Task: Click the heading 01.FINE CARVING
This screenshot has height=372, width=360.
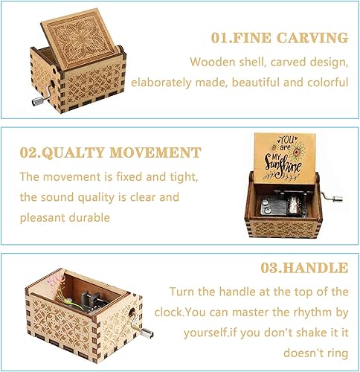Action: point(280,38)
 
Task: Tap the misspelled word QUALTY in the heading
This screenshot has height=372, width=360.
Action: point(72,153)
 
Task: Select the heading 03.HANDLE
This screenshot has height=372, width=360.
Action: point(304,268)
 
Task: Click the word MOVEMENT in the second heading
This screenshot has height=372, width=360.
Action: point(155,153)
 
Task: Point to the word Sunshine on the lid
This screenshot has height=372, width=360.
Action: point(283,165)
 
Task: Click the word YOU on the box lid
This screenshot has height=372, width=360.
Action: point(286,140)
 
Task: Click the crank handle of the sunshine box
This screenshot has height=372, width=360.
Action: point(332,196)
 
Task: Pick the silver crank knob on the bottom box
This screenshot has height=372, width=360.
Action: point(147,333)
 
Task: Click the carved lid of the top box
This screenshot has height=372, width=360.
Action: point(80,39)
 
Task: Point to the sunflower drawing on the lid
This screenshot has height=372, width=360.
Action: point(297,151)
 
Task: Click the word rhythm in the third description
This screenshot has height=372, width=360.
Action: point(313,312)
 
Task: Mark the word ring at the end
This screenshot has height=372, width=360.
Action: point(338,353)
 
